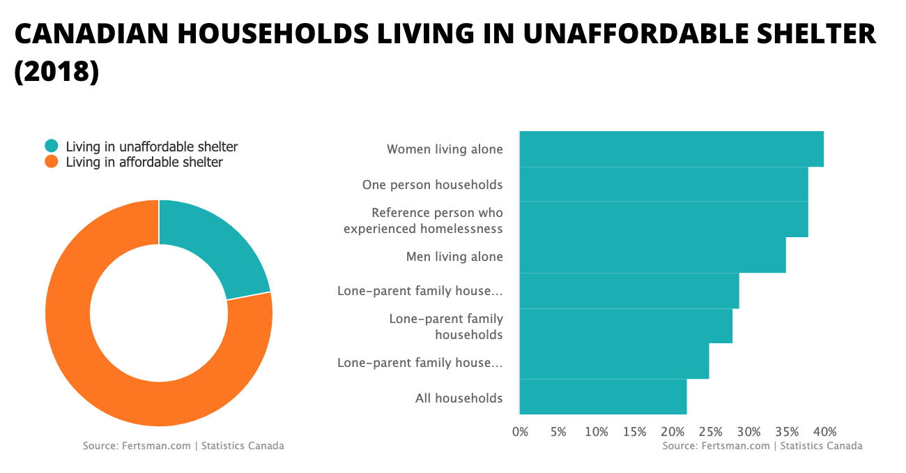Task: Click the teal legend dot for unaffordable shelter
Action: click(x=52, y=147)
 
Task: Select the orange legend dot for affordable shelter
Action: click(x=52, y=162)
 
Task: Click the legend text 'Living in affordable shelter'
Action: click(x=144, y=162)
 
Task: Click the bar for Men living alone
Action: click(x=652, y=255)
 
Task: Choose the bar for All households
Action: click(x=603, y=397)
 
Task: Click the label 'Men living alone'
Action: click(x=454, y=257)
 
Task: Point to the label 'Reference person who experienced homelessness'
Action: click(x=423, y=220)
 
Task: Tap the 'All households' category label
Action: click(x=459, y=398)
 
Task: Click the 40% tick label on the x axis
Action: click(x=824, y=432)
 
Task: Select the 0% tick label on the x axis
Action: click(x=520, y=432)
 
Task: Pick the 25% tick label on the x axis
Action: click(x=711, y=432)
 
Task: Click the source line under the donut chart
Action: click(x=183, y=446)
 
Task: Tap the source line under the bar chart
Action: click(x=762, y=446)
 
